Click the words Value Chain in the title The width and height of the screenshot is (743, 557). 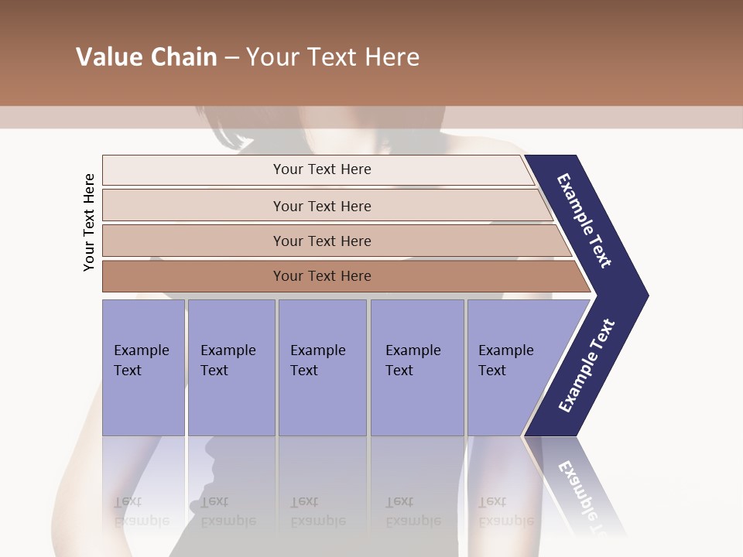click(x=146, y=57)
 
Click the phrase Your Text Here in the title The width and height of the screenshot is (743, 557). click(x=333, y=57)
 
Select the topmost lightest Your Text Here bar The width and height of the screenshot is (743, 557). click(x=321, y=169)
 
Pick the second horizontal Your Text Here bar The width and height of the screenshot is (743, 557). click(x=321, y=206)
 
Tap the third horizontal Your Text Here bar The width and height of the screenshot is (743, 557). click(x=321, y=241)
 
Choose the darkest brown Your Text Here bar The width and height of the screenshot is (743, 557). click(x=321, y=276)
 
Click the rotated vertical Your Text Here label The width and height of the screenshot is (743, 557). click(x=89, y=222)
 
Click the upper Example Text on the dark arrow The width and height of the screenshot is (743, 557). click(x=585, y=220)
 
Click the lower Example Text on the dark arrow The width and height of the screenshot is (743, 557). click(x=587, y=365)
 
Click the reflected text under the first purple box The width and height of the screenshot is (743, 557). click(x=142, y=511)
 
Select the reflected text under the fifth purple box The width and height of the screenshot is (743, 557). click(x=505, y=511)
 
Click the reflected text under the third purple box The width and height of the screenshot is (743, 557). click(x=318, y=511)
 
